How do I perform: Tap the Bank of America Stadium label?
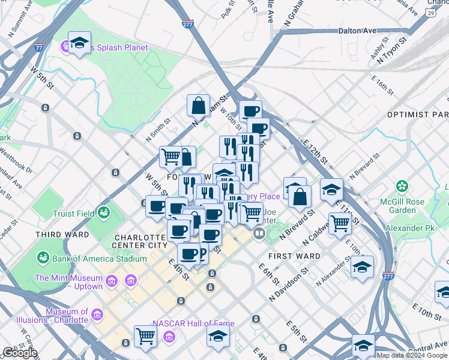tap(99, 259)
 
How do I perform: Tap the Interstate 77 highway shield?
tap(39, 47)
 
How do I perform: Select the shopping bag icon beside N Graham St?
tap(198, 106)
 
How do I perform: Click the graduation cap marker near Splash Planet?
tap(79, 43)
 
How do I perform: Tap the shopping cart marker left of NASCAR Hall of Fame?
tap(145, 336)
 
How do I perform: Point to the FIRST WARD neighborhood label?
tap(294, 256)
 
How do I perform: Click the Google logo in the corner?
tap(19, 353)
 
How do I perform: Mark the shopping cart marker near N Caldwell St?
tap(340, 223)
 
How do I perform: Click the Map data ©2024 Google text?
tap(412, 355)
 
